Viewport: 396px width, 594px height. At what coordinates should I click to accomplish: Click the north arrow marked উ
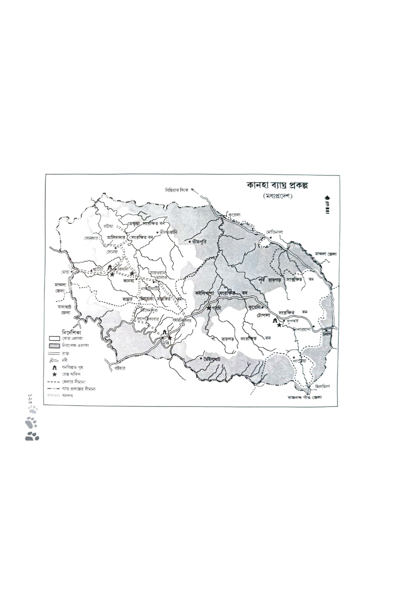327,203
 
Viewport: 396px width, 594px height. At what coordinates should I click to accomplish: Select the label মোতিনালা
274,231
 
